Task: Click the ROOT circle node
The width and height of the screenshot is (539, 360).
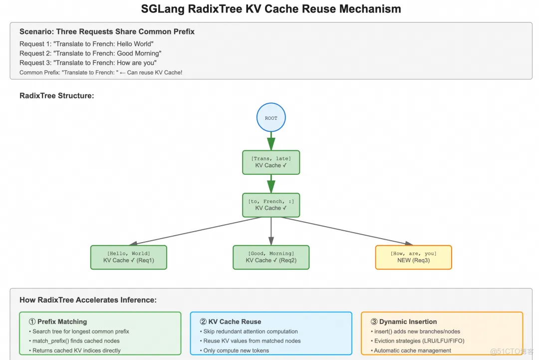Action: (x=271, y=118)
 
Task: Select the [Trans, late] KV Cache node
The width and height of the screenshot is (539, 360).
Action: (x=271, y=162)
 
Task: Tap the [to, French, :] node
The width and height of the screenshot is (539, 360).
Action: (x=271, y=205)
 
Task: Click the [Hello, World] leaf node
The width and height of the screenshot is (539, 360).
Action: (x=128, y=257)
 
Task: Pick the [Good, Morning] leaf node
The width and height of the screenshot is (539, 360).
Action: (x=271, y=257)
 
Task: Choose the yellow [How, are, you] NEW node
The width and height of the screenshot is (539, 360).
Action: (x=413, y=257)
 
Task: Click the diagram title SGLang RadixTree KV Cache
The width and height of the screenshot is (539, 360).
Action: (x=271, y=9)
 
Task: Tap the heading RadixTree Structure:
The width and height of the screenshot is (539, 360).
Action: (x=56, y=95)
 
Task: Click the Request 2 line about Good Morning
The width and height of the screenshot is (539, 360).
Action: (x=90, y=53)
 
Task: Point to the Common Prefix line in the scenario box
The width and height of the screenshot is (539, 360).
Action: (x=101, y=73)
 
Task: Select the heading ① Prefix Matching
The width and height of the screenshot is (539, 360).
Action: (x=58, y=322)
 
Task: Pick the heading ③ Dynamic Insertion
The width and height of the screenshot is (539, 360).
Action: (x=404, y=322)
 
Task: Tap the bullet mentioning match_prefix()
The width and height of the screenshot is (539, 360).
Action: (x=76, y=341)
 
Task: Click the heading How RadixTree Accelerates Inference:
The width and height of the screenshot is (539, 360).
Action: (x=88, y=300)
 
